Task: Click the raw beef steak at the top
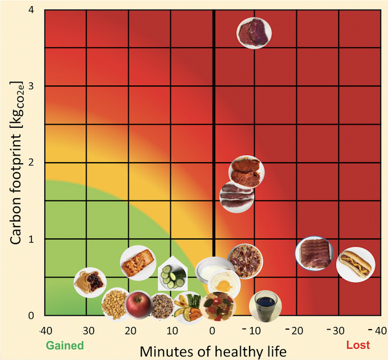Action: (254, 32)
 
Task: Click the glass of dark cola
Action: (265, 305)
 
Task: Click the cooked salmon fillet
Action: (137, 263)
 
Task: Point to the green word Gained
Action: (65, 345)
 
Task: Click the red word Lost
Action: (358, 345)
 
